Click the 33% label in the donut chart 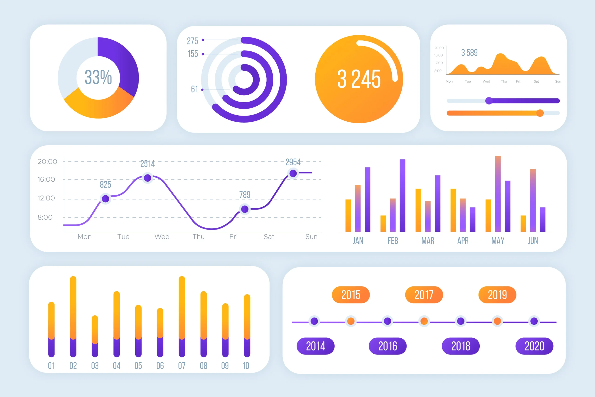coord(98,77)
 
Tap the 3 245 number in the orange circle coord(359,79)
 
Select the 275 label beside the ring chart coord(192,41)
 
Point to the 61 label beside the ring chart coord(194,89)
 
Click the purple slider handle coord(489,101)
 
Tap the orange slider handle coord(540,113)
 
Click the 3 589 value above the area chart coord(469,53)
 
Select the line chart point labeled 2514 coord(148,178)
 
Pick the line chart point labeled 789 coord(245,209)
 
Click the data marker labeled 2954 coord(293,173)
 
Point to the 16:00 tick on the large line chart coord(46,180)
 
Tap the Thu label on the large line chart coord(198,237)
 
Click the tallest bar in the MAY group coord(498,194)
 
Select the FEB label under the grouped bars coord(393,241)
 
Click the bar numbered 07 coord(182,317)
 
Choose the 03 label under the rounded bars coord(95,366)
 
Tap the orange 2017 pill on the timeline coord(424,295)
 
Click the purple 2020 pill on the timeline coord(534,346)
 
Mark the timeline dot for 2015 coord(351,321)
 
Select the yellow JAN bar coord(348,216)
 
